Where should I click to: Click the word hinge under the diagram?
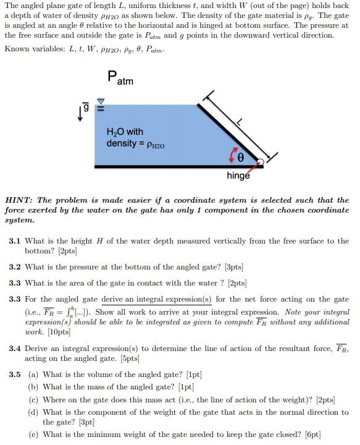(238, 176)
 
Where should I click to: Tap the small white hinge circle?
(261, 163)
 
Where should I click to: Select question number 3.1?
(15, 241)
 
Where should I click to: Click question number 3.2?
(15, 267)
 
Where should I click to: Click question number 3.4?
(15, 349)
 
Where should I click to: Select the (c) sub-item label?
(33, 400)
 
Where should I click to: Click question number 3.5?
(15, 375)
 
